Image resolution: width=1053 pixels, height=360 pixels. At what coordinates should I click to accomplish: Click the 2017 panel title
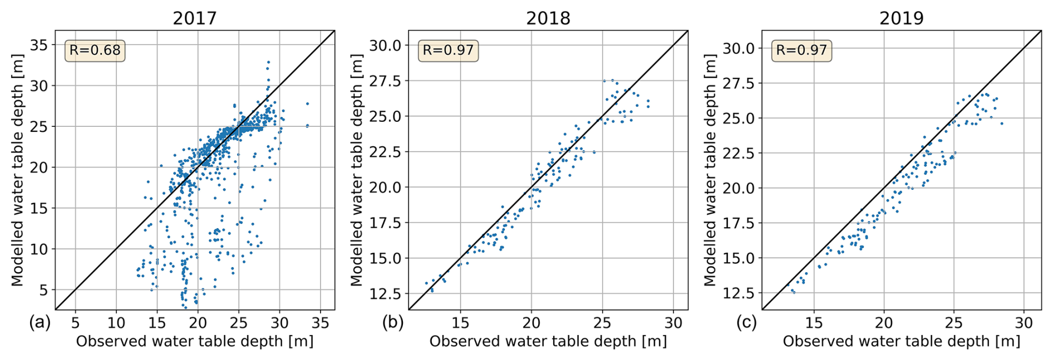[194, 18]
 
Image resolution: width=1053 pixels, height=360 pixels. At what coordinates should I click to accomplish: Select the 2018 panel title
[548, 18]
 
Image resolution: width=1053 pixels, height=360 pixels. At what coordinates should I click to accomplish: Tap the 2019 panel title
[901, 18]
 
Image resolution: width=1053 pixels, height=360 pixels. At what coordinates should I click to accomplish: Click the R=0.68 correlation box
[95, 51]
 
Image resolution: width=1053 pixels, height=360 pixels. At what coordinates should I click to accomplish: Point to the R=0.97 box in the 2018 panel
[448, 51]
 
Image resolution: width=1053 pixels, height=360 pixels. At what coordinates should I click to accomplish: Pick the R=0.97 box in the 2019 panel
[801, 51]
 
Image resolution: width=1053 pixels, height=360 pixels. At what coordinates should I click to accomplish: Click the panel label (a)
[40, 323]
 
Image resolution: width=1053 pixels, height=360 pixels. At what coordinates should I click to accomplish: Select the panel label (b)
[393, 323]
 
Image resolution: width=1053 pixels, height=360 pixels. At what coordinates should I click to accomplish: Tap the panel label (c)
[746, 323]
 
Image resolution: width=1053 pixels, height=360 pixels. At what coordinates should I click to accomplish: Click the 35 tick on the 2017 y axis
[39, 45]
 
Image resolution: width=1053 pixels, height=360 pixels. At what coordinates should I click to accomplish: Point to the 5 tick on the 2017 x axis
[75, 323]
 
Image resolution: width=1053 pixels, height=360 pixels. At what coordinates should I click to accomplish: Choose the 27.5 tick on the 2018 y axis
[385, 81]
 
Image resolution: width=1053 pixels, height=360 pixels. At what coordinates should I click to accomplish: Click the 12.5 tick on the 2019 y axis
[739, 293]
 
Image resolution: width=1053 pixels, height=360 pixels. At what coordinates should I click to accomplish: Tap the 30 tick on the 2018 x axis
[673, 323]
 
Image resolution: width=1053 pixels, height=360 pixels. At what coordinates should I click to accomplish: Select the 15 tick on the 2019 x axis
[814, 323]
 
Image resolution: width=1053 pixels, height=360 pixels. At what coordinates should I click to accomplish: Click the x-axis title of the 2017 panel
[194, 341]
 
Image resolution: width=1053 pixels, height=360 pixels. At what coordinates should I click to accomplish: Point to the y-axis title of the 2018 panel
[357, 170]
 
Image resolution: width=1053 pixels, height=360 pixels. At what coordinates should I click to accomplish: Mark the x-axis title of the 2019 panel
[901, 341]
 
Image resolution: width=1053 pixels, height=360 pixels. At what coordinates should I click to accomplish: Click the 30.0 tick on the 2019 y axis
[739, 48]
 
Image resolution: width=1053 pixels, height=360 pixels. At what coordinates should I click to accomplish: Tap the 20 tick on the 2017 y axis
[39, 167]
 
